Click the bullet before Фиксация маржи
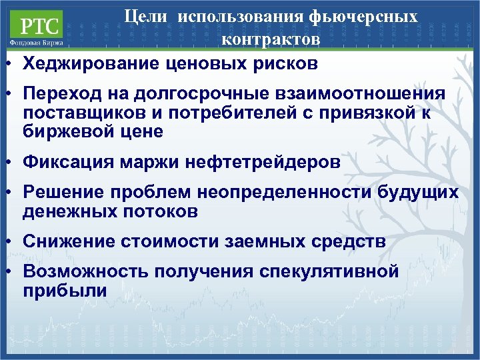tap(5, 161)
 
